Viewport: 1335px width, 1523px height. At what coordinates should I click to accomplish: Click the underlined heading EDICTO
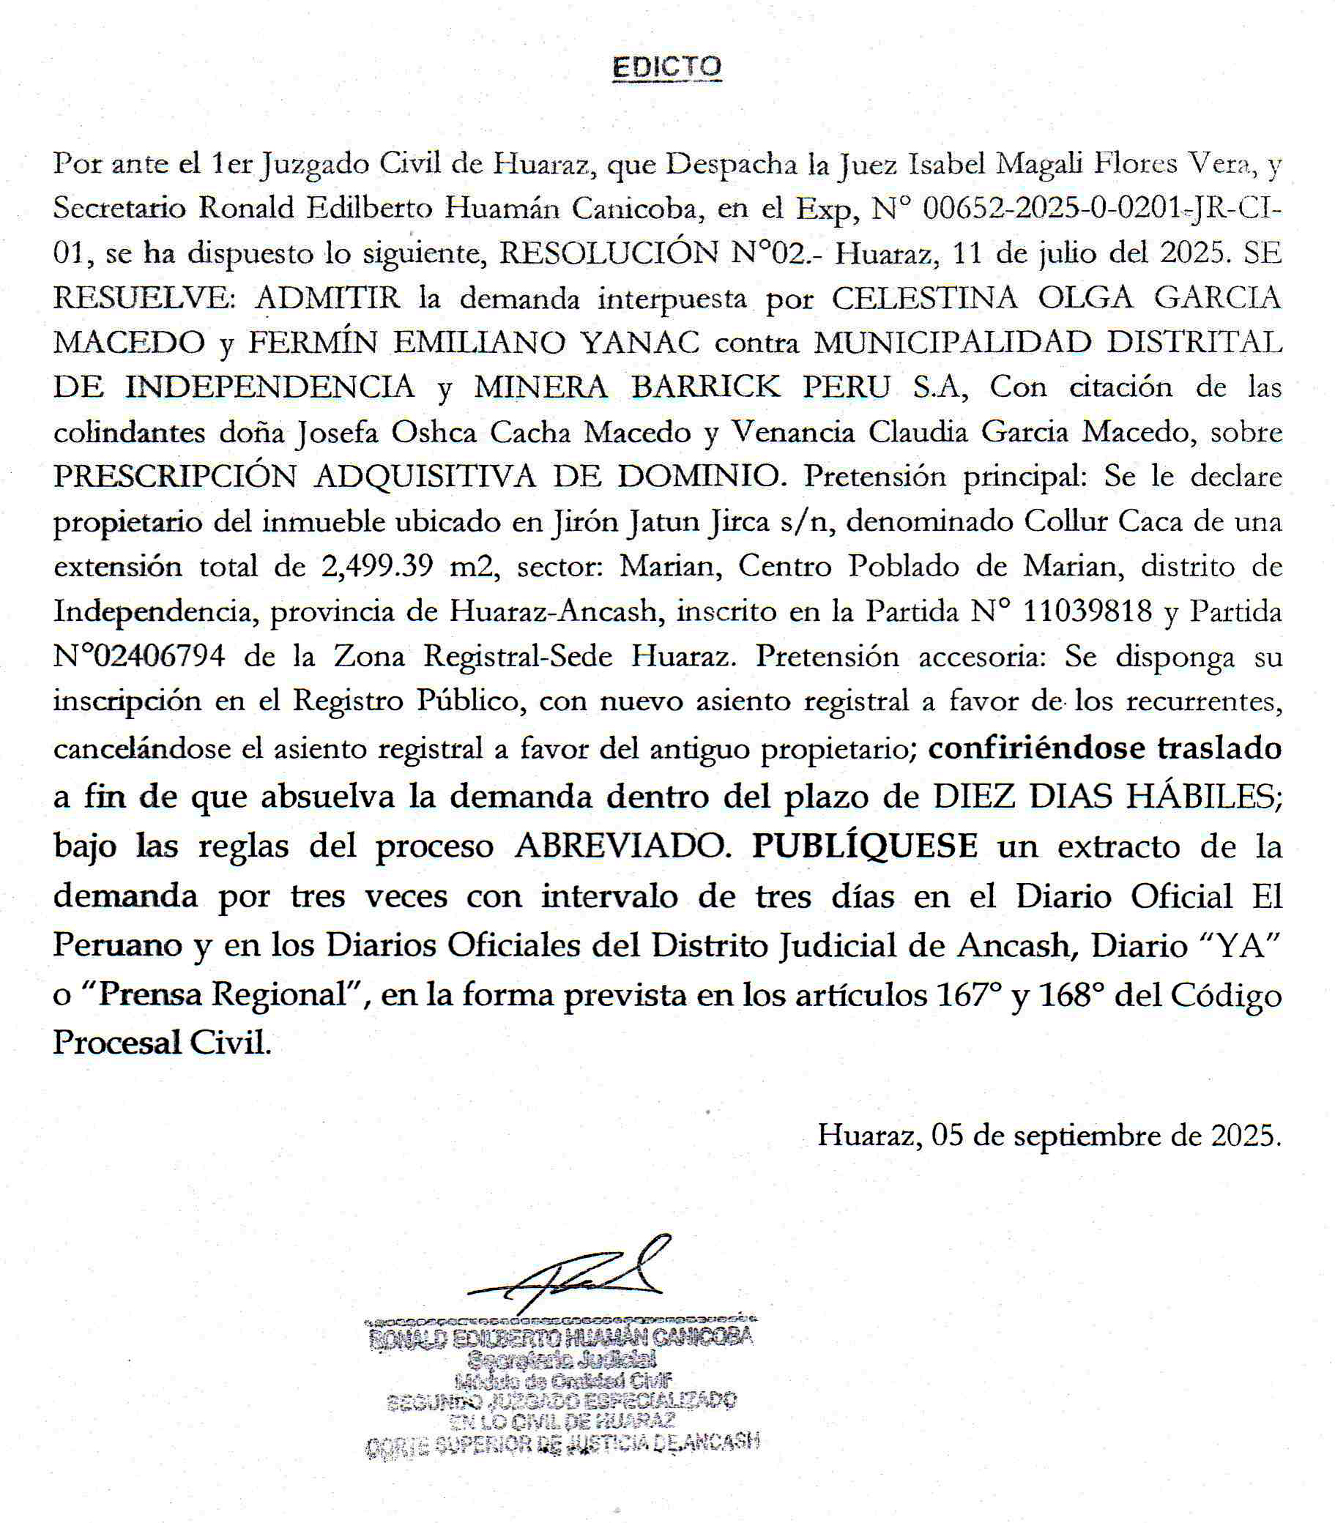click(x=666, y=68)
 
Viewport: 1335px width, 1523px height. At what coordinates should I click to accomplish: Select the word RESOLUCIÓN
click(x=608, y=254)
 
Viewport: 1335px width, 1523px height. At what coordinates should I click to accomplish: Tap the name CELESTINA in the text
click(x=923, y=299)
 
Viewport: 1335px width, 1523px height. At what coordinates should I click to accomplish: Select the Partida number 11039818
click(x=1087, y=611)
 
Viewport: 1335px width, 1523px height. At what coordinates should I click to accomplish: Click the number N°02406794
click(x=138, y=657)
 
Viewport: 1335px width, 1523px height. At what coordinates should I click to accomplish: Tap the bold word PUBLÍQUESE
click(x=864, y=846)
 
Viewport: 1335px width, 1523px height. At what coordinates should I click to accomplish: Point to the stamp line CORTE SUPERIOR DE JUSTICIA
click(x=562, y=1444)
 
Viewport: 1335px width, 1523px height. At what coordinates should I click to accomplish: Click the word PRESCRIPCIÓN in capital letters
click(x=175, y=477)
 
